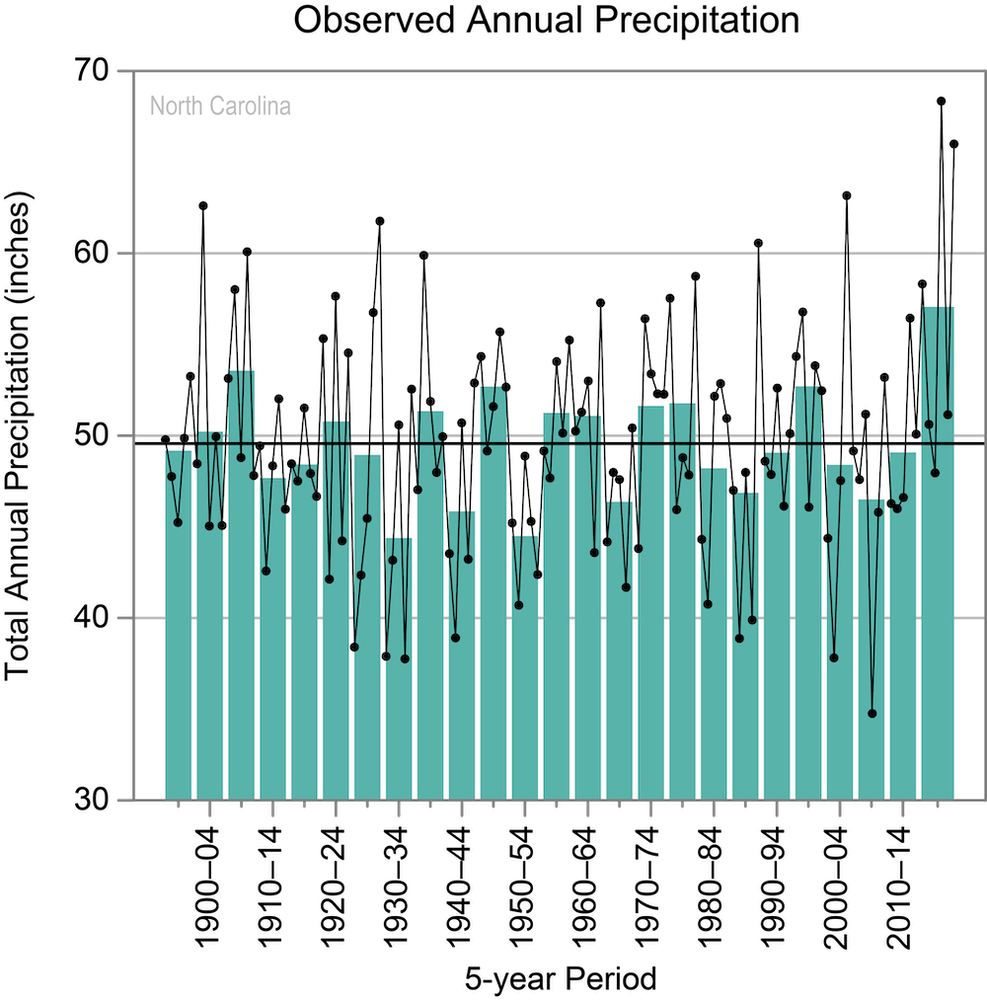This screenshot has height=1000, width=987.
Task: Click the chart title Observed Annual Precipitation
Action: (x=547, y=20)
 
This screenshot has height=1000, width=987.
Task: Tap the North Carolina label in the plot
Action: (x=220, y=106)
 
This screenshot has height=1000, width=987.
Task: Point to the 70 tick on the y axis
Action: (x=92, y=71)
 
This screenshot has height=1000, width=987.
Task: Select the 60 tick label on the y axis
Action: (x=92, y=253)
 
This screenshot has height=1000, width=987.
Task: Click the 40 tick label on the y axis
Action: (x=92, y=617)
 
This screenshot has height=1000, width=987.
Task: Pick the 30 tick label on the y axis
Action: (x=92, y=800)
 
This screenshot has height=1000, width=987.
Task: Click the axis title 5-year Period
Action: (x=561, y=979)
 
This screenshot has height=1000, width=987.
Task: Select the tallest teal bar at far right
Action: (x=938, y=553)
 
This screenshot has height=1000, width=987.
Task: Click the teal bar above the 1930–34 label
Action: (x=399, y=668)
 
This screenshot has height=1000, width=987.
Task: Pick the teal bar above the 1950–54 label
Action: (x=525, y=667)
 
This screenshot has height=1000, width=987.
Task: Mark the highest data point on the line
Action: (x=941, y=101)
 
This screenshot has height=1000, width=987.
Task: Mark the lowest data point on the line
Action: (x=873, y=714)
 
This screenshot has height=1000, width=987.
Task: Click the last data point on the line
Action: (x=953, y=144)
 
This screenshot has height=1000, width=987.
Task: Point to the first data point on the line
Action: (x=165, y=439)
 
